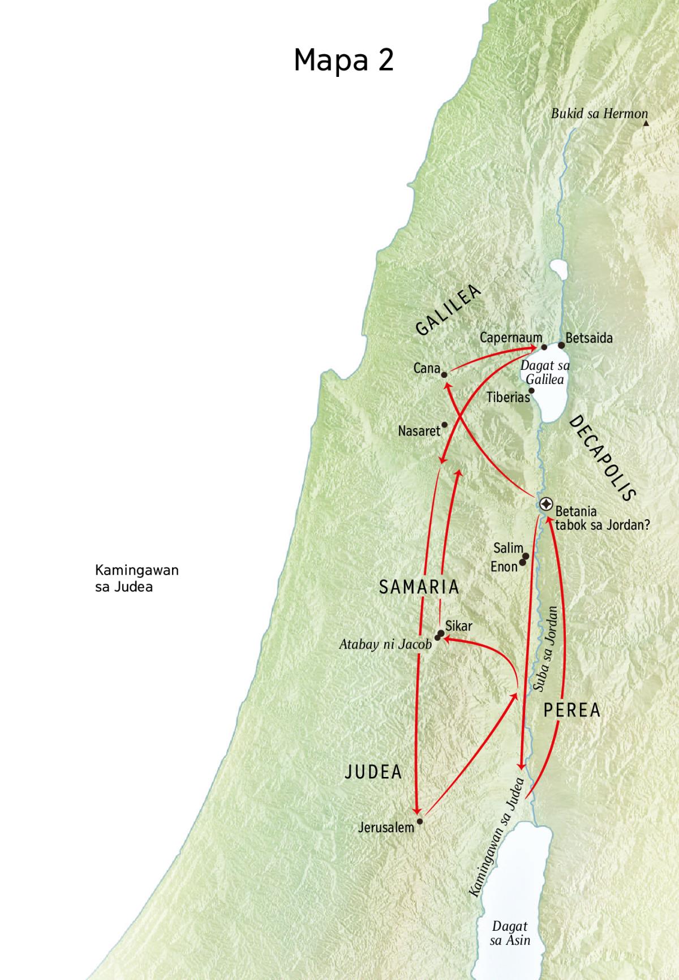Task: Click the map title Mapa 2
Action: [343, 60]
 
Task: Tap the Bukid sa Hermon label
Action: [599, 114]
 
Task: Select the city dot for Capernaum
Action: [544, 347]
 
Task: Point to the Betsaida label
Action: [589, 338]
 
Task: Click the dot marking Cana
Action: [444, 374]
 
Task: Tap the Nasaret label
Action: [419, 431]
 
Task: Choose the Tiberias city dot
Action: [531, 390]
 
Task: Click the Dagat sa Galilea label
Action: [545, 372]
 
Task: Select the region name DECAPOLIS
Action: [603, 458]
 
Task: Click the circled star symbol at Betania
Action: [546, 503]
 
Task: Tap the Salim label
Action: [508, 548]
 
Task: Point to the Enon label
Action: [504, 567]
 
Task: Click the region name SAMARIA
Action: [419, 587]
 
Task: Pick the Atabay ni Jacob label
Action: [385, 644]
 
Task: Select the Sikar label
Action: [458, 626]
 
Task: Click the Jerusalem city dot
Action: [419, 821]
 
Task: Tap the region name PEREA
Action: [571, 710]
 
